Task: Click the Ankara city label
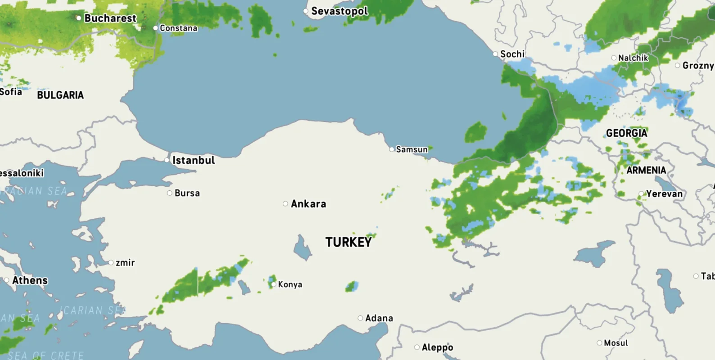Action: (308, 204)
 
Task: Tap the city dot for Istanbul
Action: (167, 160)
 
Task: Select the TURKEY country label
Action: (348, 242)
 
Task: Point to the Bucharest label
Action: (110, 18)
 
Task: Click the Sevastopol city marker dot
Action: (306, 11)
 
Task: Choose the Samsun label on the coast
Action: (412, 149)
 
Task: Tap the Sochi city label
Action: (512, 54)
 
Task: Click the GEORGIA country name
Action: (626, 133)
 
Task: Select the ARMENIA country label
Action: (646, 170)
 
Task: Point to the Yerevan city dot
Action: (641, 194)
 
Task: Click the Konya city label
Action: (290, 284)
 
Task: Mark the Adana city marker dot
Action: (360, 318)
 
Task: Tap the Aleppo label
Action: (437, 347)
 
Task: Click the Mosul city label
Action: (615, 343)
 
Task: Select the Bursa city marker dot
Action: (170, 193)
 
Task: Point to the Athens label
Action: (30, 280)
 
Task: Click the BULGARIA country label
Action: (60, 95)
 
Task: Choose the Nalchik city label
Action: (633, 58)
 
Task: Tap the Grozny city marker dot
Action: (678, 66)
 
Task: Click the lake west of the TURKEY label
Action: (302, 248)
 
